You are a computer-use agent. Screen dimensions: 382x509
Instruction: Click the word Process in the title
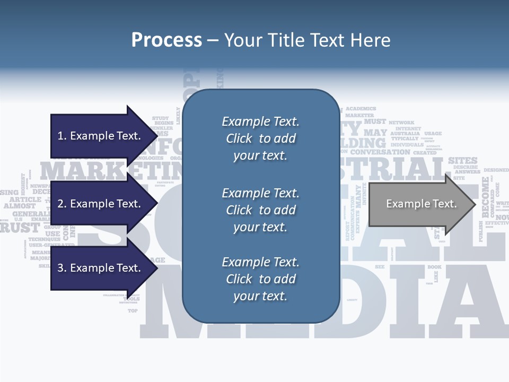pyautogui.click(x=166, y=40)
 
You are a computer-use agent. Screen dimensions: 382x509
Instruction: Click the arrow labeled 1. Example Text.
pyautogui.click(x=100, y=136)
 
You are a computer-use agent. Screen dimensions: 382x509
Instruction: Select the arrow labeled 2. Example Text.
pyautogui.click(x=100, y=204)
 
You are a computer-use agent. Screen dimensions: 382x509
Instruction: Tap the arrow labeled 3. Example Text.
pyautogui.click(x=100, y=268)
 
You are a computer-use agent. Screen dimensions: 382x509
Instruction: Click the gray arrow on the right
pyautogui.click(x=421, y=204)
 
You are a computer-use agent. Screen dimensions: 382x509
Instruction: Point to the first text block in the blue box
pyautogui.click(x=260, y=138)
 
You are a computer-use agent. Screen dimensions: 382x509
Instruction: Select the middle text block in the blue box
pyautogui.click(x=260, y=210)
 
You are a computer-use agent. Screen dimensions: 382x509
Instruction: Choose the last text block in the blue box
pyautogui.click(x=260, y=279)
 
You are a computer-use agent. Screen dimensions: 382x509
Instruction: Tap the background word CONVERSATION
pyautogui.click(x=380, y=152)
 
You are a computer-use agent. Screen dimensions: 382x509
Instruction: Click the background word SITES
pyautogui.click(x=463, y=160)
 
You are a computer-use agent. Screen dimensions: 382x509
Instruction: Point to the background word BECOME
pyautogui.click(x=485, y=197)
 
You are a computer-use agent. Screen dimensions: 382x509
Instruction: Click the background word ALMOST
pyautogui.click(x=20, y=205)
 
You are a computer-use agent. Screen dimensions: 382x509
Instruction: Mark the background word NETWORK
pyautogui.click(x=401, y=123)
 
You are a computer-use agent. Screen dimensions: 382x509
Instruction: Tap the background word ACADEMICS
pyautogui.click(x=361, y=108)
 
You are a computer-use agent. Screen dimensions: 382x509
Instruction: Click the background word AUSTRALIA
pyautogui.click(x=405, y=134)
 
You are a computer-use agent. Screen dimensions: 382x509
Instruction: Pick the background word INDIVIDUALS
pyautogui.click(x=407, y=145)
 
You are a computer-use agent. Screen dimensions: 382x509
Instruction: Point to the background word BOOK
pyautogui.click(x=434, y=267)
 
